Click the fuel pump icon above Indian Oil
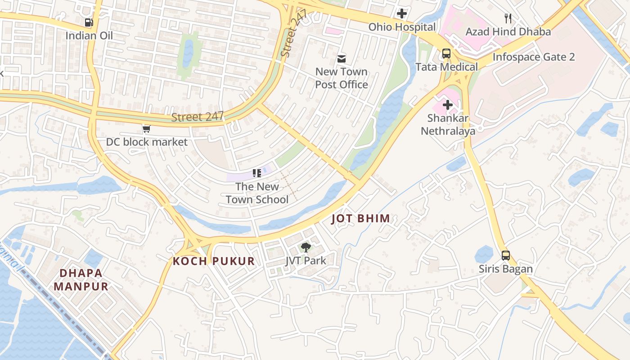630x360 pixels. [89, 22]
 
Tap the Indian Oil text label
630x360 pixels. [89, 36]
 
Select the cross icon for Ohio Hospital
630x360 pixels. [402, 13]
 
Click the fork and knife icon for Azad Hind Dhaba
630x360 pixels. [508, 18]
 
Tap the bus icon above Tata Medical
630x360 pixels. [446, 54]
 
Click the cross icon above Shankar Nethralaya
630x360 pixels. [448, 105]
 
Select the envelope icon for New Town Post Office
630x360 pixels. [342, 58]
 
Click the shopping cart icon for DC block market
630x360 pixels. [146, 129]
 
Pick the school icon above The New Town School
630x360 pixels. [257, 173]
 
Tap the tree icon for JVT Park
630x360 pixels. [306, 247]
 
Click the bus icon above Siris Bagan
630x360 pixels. [506, 256]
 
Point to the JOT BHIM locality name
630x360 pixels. [360, 219]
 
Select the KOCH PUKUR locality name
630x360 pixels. [214, 261]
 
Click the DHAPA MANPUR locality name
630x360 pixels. [81, 279]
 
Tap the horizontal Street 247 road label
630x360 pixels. [197, 117]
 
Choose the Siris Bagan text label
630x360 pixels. [505, 269]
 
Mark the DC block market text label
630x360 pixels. [147, 142]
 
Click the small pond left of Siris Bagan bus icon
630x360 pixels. [484, 255]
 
